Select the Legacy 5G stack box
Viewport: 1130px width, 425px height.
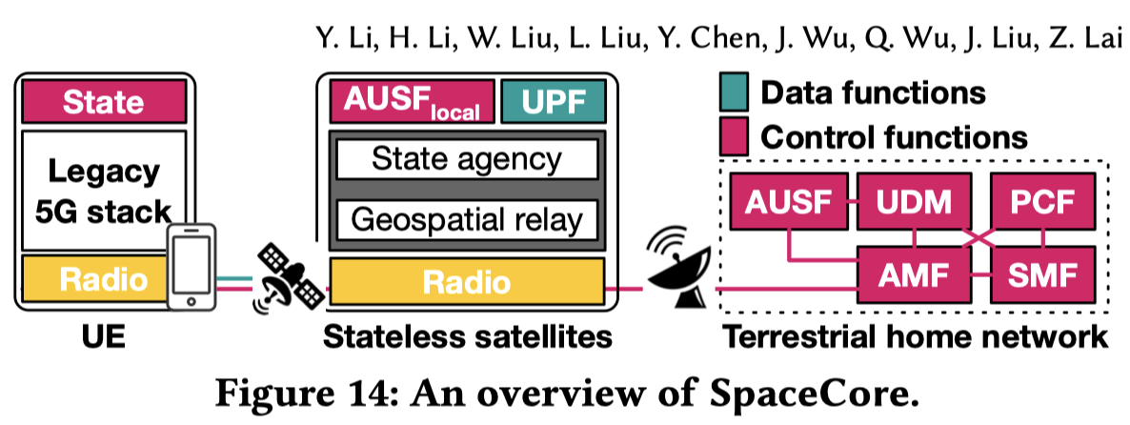pos(104,191)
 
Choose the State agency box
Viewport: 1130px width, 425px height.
pos(467,158)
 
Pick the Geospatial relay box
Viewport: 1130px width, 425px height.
pos(467,220)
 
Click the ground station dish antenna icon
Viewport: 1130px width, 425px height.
pos(677,268)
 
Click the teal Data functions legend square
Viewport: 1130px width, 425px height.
pos(735,92)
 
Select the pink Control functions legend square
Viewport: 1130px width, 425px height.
pos(735,135)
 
